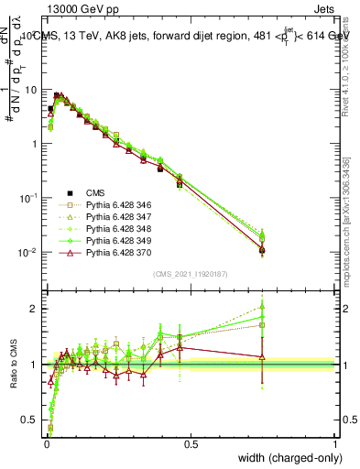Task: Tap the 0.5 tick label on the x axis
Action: tap(191, 443)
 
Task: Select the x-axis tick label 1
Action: tap(335, 443)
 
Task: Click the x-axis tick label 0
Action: tap(46, 443)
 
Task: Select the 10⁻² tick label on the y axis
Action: tap(28, 252)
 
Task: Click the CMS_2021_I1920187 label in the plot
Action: tap(190, 273)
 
